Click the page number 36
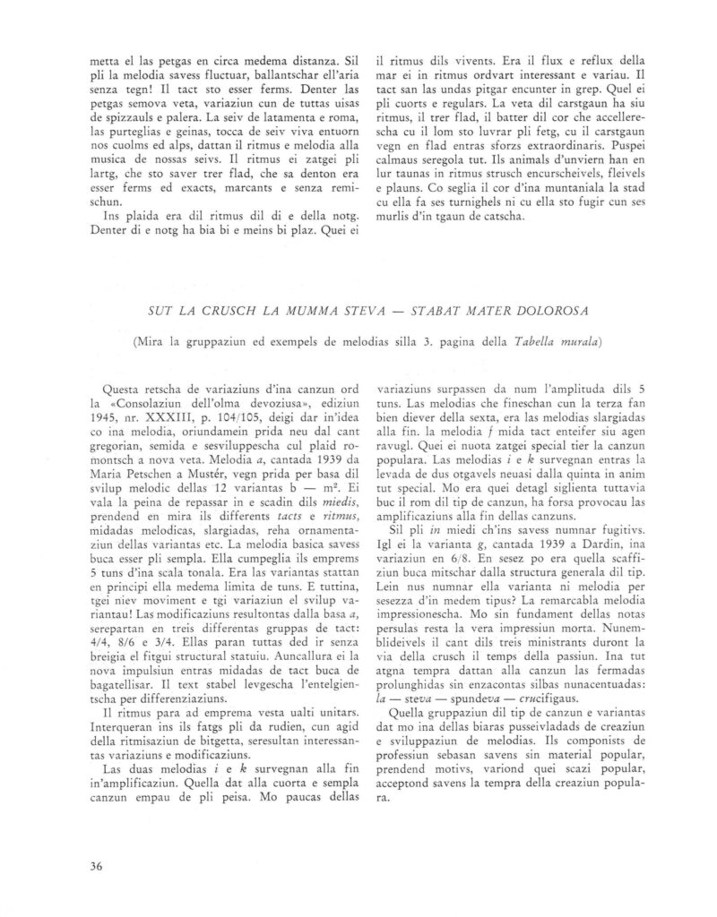click(x=99, y=864)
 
